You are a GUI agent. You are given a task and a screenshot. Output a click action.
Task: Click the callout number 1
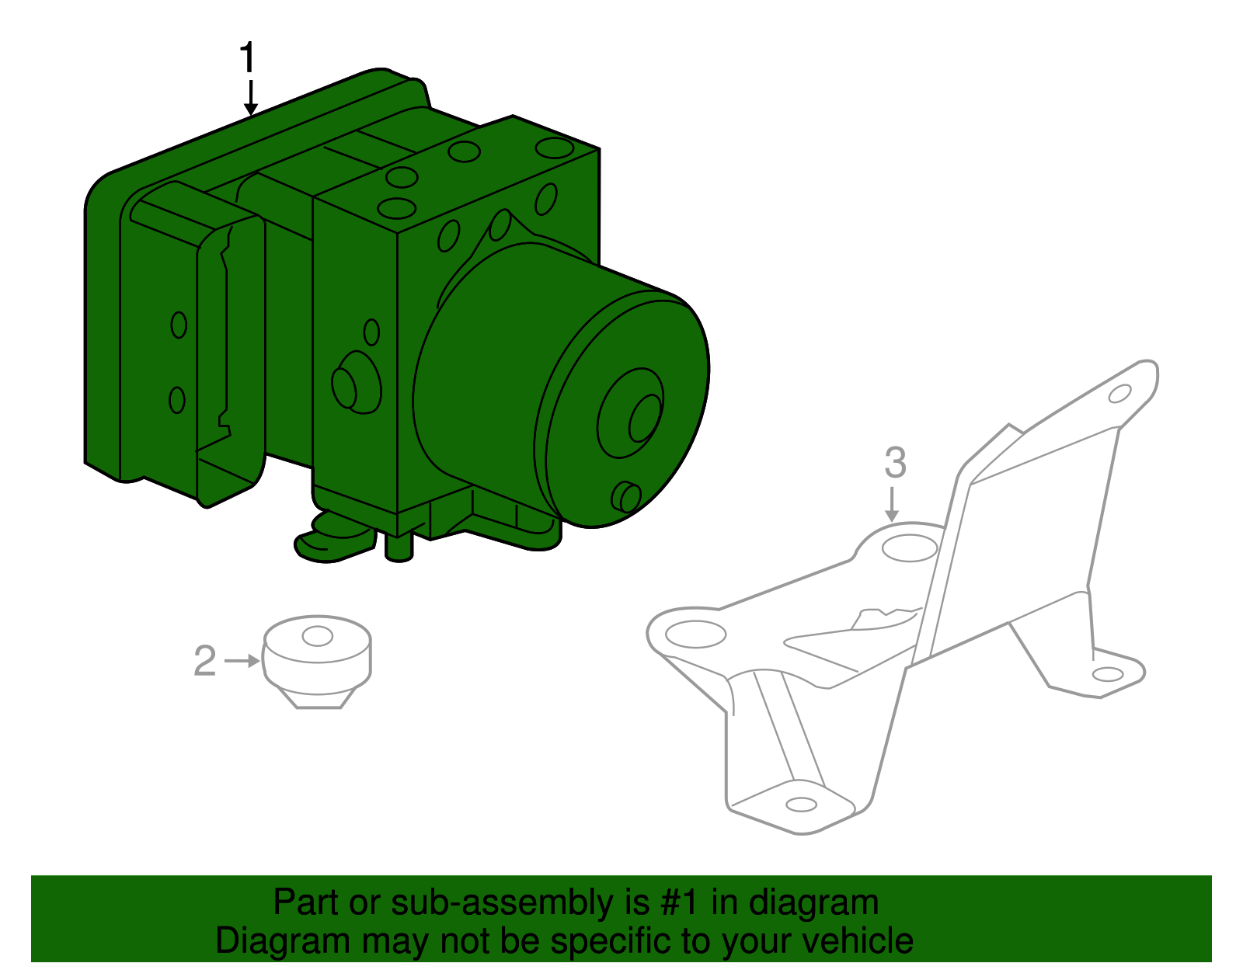(x=247, y=58)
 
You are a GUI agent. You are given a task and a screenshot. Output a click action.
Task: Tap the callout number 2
(x=205, y=661)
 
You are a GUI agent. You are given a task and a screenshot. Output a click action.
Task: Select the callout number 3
(x=896, y=463)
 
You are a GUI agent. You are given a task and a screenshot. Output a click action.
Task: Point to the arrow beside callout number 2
(x=242, y=661)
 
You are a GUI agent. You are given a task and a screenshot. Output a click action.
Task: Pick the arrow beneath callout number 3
(x=892, y=504)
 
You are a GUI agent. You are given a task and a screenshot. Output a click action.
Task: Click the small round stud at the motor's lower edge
(x=626, y=496)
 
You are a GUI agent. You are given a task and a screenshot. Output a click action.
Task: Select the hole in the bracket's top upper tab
(x=1119, y=395)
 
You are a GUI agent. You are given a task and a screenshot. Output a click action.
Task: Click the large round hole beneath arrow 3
(x=910, y=548)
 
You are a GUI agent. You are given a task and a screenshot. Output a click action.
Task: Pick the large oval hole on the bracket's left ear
(x=695, y=634)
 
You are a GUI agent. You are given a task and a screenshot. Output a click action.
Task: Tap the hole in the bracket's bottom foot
(x=801, y=805)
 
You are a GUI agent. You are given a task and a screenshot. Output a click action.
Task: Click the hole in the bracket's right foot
(x=1107, y=674)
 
